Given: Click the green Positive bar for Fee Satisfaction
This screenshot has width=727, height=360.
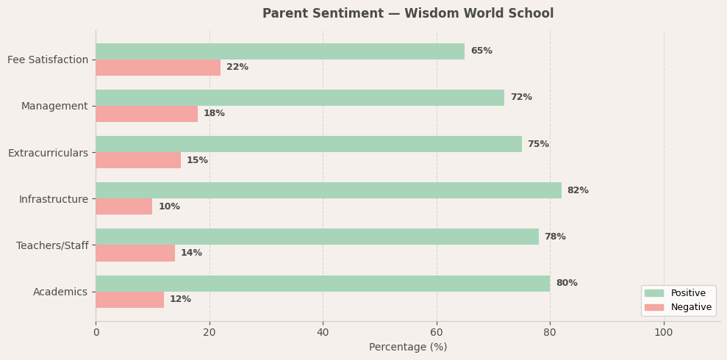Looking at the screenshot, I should point(280,51).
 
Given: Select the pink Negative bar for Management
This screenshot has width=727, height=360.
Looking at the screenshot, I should point(146,114).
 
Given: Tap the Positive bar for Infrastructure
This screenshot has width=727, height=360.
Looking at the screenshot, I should point(328,190).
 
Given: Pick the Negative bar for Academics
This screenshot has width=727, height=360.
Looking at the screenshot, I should point(129,300).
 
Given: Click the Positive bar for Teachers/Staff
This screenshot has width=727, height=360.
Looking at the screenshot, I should point(317,237).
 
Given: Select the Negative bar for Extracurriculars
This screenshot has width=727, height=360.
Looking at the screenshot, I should point(138,160).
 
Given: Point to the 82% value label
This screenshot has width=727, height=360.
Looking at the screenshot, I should point(578,190).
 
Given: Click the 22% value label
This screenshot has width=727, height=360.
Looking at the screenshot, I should point(237,68).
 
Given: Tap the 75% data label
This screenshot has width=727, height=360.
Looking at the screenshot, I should point(538,144).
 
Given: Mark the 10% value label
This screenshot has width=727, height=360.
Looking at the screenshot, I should point(169,206).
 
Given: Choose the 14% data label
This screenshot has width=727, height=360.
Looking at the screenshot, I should point(191,253).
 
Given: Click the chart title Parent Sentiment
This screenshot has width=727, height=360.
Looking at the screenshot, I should point(408,14).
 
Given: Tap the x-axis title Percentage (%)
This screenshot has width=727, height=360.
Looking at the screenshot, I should point(408,347).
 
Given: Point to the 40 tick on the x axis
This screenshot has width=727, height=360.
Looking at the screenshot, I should point(323,332).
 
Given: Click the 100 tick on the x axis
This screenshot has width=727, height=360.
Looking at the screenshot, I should point(664,332).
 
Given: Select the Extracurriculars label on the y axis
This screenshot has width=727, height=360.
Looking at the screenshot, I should point(48,153).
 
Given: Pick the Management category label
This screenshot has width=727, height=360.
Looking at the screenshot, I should point(54,107).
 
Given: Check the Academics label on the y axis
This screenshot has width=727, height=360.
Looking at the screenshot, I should point(60,292).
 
